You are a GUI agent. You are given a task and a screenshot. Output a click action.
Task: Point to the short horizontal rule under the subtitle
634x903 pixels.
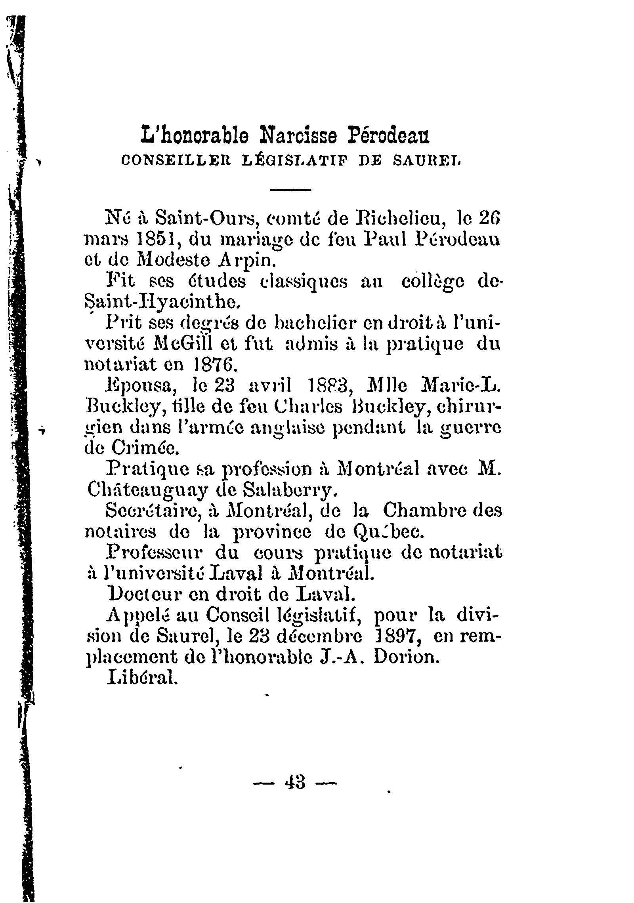pyautogui.click(x=290, y=191)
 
